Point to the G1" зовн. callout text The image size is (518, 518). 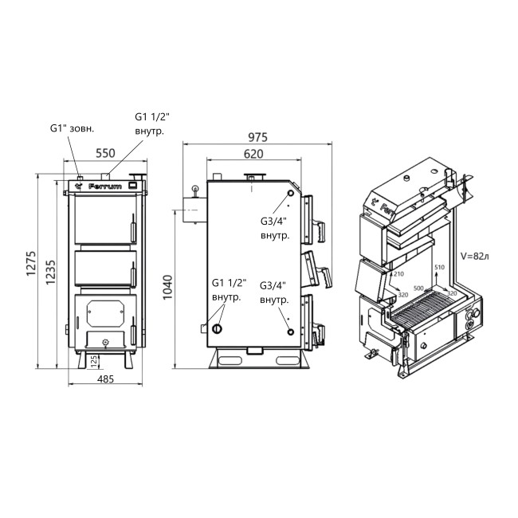72,128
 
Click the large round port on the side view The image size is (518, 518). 217,326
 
